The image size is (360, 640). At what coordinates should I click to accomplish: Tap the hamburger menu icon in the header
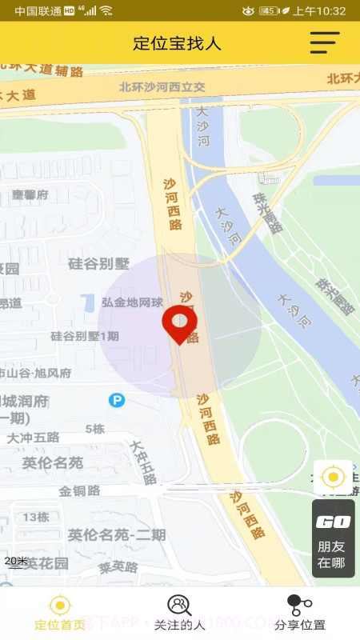(x=325, y=42)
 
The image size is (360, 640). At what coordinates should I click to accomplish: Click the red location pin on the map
(x=179, y=322)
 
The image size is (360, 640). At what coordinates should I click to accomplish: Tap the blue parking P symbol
(x=117, y=400)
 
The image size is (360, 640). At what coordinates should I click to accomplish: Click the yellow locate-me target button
(x=332, y=478)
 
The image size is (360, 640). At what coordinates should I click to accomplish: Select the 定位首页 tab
(x=60, y=613)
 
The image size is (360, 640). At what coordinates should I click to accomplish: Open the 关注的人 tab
(x=179, y=613)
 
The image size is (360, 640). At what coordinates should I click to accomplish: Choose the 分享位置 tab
(x=299, y=613)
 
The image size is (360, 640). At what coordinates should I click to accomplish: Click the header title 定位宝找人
(x=177, y=43)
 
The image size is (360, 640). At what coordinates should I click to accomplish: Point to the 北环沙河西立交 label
(x=162, y=87)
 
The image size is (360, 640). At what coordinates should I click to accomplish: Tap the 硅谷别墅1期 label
(x=84, y=336)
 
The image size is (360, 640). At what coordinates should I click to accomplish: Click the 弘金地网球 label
(x=132, y=302)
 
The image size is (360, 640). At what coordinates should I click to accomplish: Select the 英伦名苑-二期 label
(x=117, y=535)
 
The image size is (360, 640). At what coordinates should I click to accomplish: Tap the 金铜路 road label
(x=79, y=490)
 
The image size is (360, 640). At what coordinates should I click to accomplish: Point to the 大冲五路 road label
(x=33, y=438)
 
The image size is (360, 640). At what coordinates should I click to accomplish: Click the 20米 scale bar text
(x=16, y=561)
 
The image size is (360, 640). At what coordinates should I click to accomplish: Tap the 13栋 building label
(x=35, y=517)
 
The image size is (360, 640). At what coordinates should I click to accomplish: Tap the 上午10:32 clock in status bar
(x=319, y=11)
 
